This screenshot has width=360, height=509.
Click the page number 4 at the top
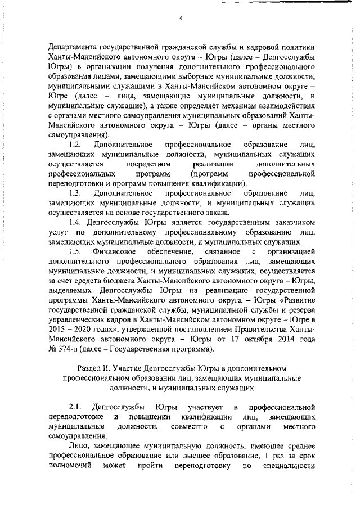coord(181,18)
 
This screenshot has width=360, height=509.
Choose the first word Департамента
coord(74,47)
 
